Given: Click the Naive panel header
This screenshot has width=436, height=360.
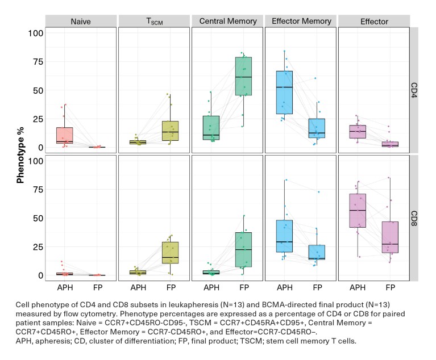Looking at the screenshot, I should point(81,22).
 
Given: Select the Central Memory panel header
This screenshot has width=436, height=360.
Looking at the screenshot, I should point(227,22).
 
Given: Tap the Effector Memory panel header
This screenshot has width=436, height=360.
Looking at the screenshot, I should point(301,22).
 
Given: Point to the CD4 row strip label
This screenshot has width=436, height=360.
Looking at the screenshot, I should point(414,90).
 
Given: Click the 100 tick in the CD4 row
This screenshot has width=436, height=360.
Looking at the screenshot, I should point(36,33).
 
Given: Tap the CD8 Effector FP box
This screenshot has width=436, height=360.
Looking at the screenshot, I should point(390,237).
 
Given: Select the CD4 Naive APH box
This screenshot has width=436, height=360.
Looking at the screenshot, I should point(65,136).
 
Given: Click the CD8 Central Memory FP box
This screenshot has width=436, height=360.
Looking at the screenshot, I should point(244,249).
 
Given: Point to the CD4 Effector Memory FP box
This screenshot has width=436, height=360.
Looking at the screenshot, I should point(317,128).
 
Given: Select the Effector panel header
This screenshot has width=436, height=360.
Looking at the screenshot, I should point(374,22).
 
